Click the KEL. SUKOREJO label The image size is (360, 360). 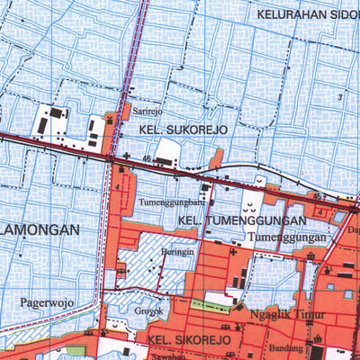point(184,130)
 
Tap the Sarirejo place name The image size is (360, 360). point(147,111)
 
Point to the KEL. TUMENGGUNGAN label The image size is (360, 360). point(226,220)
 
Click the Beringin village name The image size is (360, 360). point(178,253)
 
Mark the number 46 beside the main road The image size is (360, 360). point(145,158)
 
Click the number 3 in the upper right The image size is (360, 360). point(339,96)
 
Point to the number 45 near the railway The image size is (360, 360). point(317,195)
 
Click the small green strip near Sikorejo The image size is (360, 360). point(211,306)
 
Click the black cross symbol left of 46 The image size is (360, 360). point(127,157)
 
